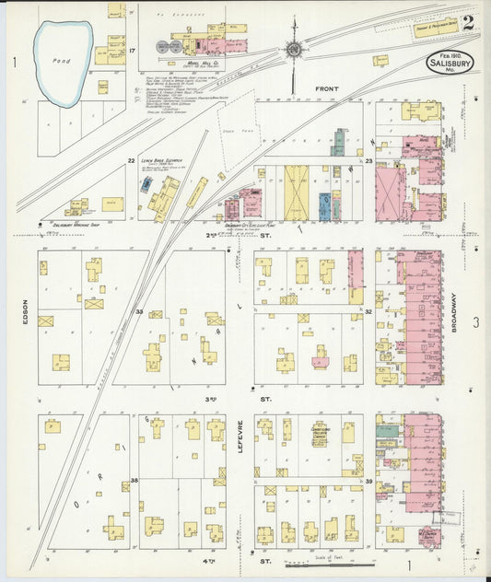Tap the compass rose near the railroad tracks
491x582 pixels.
tap(294, 50)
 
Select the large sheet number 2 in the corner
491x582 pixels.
tap(468, 22)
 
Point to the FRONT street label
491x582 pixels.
tap(327, 89)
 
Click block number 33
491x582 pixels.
tap(139, 311)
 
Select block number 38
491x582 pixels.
tap(134, 481)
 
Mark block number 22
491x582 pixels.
tap(132, 160)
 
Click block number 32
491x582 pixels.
tap(367, 311)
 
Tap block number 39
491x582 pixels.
tap(368, 481)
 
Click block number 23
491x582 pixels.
tap(367, 161)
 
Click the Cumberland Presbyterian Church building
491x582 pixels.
tap(319, 434)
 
